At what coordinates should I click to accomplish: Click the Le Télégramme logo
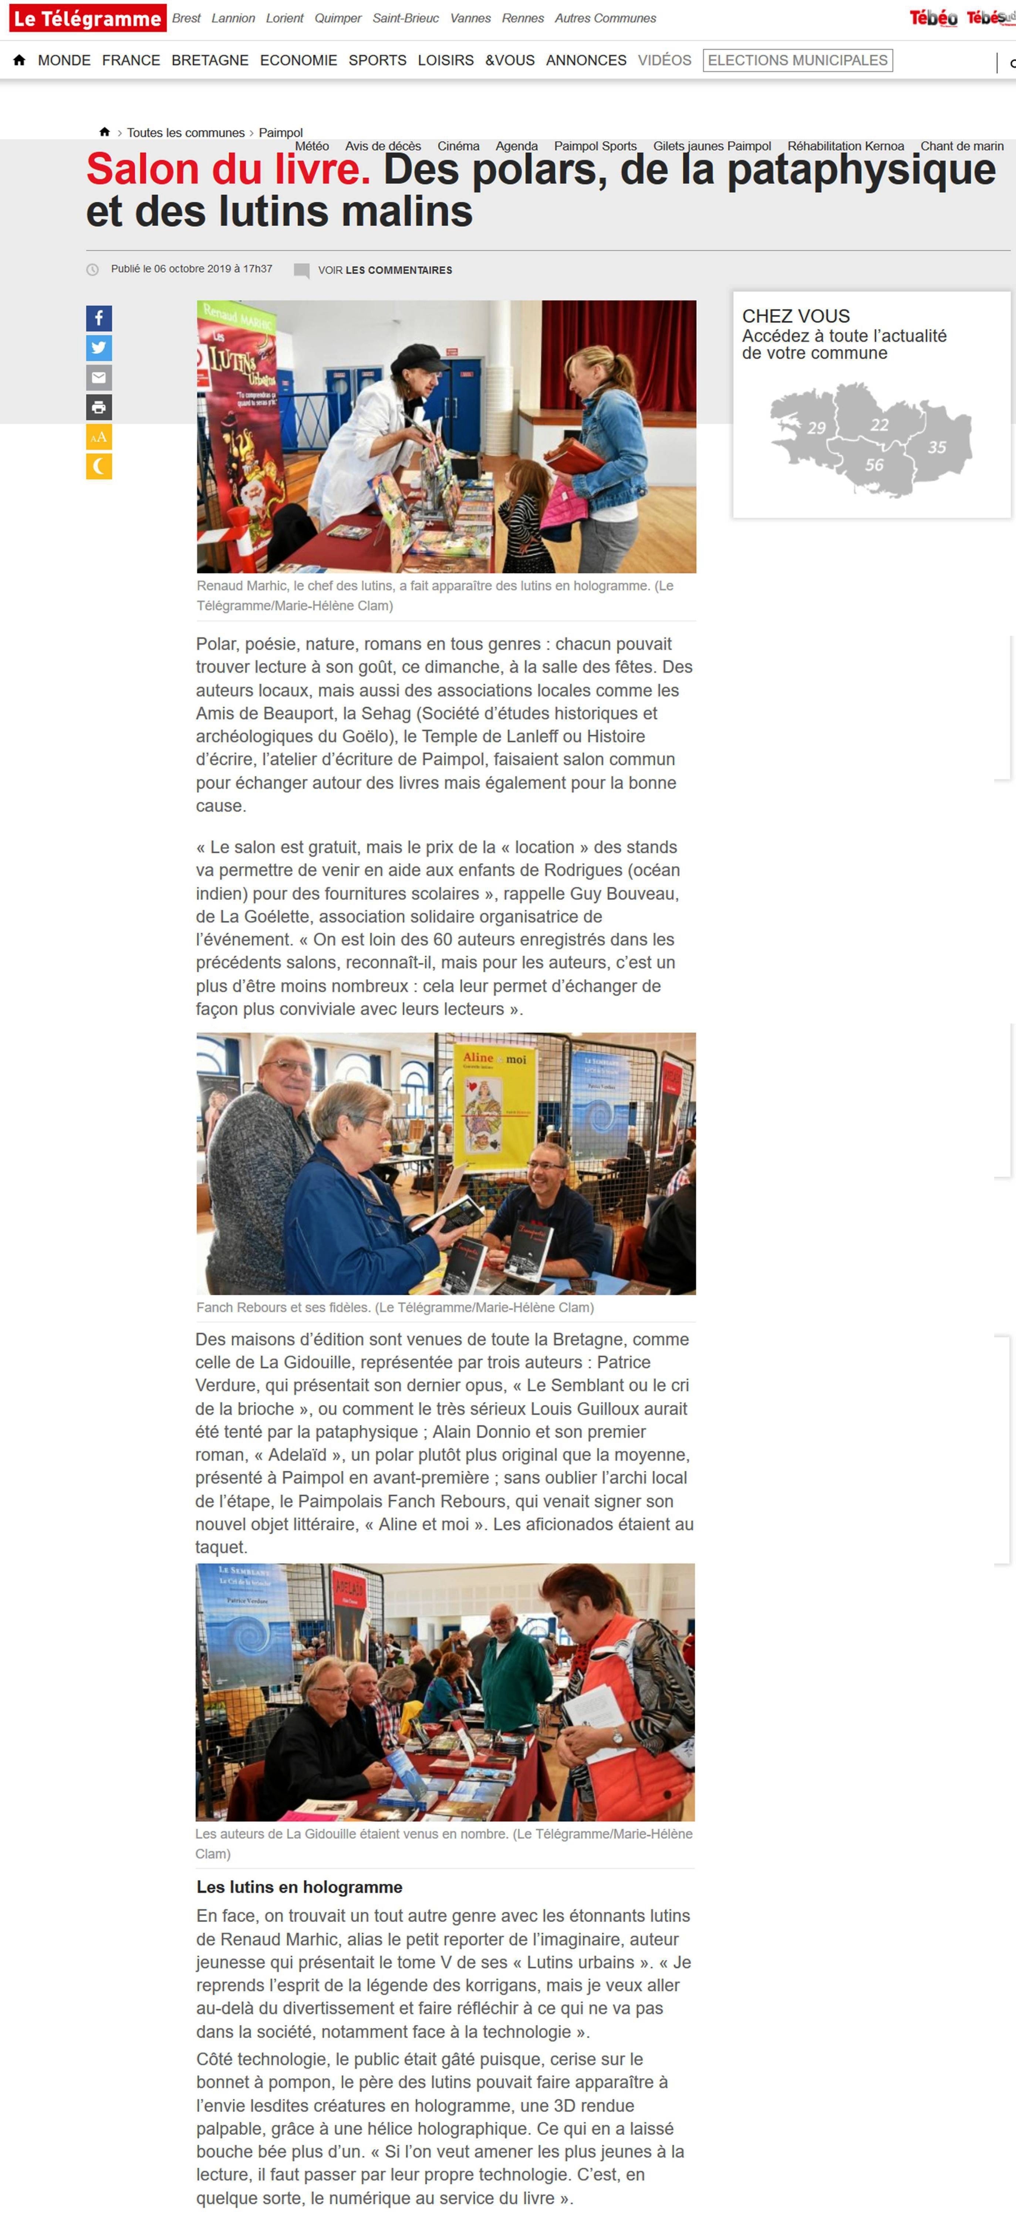click(x=87, y=18)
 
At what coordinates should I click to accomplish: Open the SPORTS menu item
click(x=377, y=60)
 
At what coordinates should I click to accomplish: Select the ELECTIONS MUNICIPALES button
click(x=798, y=60)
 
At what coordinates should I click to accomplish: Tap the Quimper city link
click(x=338, y=18)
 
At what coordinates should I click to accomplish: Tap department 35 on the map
click(x=936, y=447)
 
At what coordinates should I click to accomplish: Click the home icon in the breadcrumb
click(x=104, y=132)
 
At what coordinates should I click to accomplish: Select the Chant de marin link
click(x=962, y=146)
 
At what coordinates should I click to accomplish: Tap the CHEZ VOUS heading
click(x=796, y=316)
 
